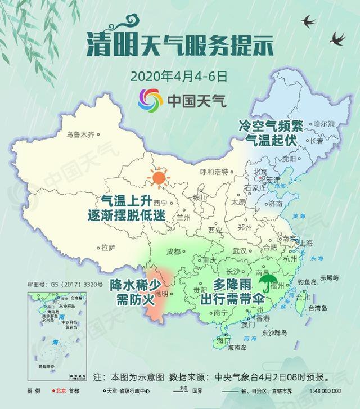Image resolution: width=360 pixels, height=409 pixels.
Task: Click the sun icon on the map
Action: click(159, 178)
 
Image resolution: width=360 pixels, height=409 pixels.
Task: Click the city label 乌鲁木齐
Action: click(80, 134)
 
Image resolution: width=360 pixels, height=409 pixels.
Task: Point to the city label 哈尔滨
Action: click(323, 123)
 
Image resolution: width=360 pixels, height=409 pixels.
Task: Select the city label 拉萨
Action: click(108, 247)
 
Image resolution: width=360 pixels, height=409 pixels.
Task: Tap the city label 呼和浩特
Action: click(214, 172)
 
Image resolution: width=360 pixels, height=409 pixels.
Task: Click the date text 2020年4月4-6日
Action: click(179, 75)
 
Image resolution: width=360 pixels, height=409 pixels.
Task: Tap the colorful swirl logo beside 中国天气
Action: click(150, 100)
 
